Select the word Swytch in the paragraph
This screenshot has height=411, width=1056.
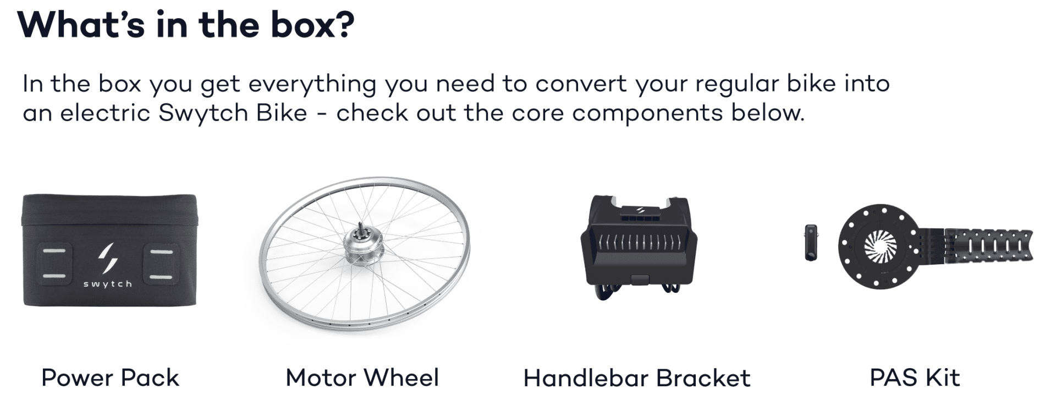point(204,113)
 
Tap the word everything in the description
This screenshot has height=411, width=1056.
point(312,84)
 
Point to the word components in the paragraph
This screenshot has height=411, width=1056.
point(647,113)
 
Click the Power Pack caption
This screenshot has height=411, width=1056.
point(110,378)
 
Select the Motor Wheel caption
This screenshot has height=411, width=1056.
point(362,378)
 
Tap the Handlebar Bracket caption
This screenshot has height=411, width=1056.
point(636,378)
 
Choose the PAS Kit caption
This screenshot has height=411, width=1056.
point(915,378)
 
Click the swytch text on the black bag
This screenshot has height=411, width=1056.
point(108,284)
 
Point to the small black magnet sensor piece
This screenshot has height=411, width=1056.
point(811,242)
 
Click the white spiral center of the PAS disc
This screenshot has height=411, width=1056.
point(880,246)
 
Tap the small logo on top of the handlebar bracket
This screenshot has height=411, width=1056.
point(640,210)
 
